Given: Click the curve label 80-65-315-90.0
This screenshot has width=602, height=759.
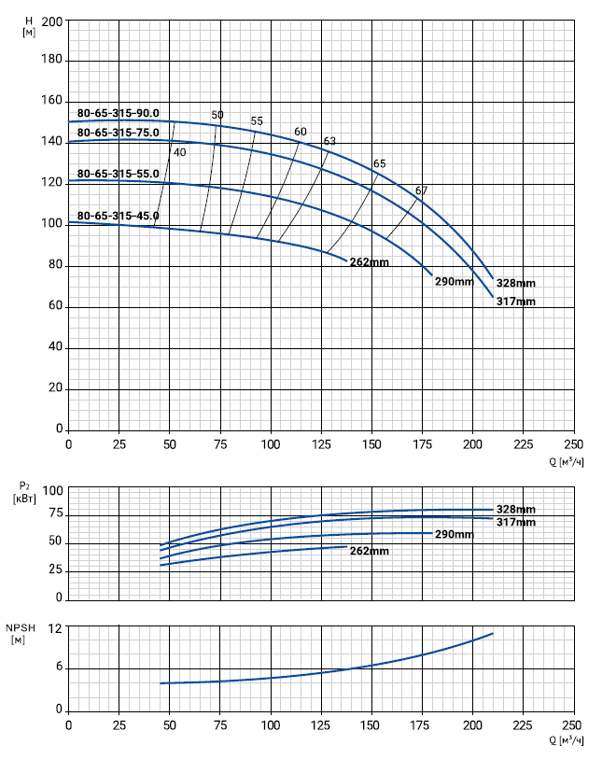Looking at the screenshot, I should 119,113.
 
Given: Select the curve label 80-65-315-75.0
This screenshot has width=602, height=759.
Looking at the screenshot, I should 119,133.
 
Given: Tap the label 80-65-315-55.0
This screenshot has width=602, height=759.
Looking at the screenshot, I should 119,174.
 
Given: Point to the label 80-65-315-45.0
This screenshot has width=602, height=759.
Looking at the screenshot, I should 119,216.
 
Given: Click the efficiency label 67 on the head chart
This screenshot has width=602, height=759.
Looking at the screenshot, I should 422,190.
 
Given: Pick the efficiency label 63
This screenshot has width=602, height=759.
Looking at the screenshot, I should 329,141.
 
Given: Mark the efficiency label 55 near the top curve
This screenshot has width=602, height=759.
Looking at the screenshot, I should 257,121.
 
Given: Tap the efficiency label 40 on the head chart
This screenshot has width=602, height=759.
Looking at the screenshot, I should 179,152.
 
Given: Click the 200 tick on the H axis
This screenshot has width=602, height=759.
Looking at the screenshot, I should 51,21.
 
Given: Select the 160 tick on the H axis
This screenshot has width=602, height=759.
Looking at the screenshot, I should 51,101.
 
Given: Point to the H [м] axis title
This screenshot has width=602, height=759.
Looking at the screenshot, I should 29,25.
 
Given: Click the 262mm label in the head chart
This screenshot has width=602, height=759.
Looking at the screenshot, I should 369,262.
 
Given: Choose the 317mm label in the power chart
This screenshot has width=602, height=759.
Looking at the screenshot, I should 516,522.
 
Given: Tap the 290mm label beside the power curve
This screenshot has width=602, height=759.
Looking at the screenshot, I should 455,535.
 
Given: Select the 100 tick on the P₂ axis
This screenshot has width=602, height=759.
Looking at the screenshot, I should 52,491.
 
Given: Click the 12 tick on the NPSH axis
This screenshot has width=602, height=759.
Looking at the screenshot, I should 54,628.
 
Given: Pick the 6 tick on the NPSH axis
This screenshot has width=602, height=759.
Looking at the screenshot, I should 57,667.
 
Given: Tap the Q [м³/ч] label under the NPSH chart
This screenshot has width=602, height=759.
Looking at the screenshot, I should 565,738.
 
